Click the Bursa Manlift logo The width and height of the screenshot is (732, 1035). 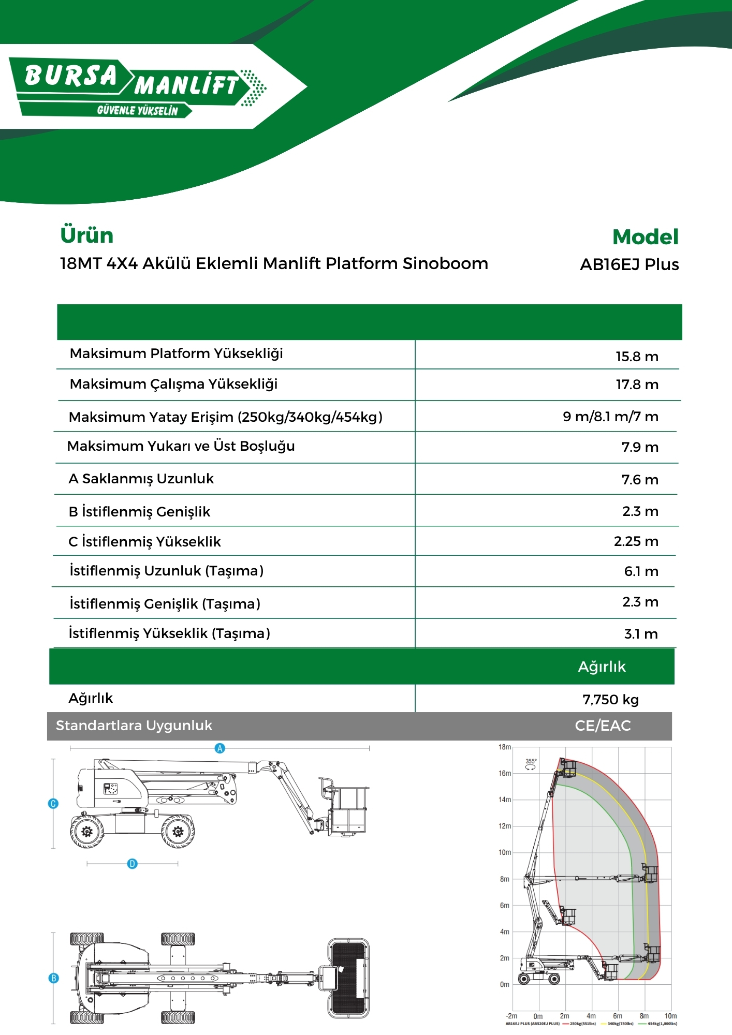point(137,87)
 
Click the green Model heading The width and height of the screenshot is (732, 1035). point(645,237)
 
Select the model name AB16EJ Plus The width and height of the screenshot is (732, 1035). point(629,264)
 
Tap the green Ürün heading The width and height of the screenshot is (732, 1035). point(86,235)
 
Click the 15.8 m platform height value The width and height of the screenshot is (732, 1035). point(637,357)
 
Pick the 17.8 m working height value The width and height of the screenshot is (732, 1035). point(637,385)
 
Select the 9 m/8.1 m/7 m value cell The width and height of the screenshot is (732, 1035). point(610,417)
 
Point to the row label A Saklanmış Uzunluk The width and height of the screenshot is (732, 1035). point(141,479)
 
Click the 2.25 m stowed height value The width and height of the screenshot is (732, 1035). point(636,541)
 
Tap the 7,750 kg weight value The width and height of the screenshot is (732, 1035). point(610,700)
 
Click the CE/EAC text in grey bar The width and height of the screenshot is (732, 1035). point(603,726)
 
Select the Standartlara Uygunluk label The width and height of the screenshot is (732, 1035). point(134,726)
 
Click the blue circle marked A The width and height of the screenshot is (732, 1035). point(220,748)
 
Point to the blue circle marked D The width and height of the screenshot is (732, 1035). point(133,864)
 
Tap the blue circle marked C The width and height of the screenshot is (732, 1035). point(53,804)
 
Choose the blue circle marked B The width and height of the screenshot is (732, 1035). point(53,978)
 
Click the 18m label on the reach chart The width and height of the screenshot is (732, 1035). point(504,747)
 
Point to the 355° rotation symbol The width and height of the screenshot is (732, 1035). point(531,764)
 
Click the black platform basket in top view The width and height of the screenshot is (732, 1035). point(348,978)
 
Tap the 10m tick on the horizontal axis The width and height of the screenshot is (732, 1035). point(670,1016)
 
